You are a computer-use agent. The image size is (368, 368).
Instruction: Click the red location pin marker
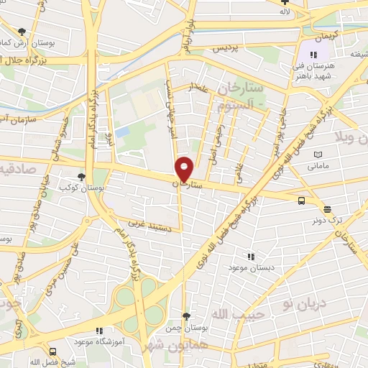pyautogui.click(x=185, y=168)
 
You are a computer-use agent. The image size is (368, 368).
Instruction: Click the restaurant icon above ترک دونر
pyautogui.click(x=328, y=210)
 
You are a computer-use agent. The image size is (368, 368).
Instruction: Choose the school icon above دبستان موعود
pyautogui.click(x=251, y=256)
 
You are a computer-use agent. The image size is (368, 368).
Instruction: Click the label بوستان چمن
pyautogui.click(x=187, y=327)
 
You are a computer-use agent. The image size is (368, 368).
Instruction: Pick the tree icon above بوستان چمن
pyautogui.click(x=187, y=316)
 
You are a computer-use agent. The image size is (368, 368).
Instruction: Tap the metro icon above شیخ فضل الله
pyautogui.click(x=52, y=351)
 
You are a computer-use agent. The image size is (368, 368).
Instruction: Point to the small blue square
pyautogui.click(x=122, y=133)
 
